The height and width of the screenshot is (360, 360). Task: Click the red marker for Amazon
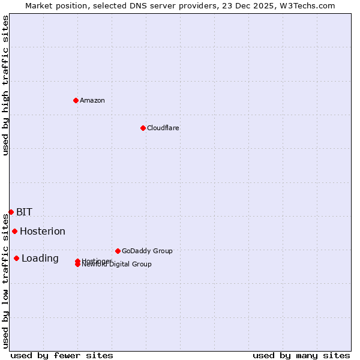click(76, 100)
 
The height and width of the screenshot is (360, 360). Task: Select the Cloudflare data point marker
click(143, 128)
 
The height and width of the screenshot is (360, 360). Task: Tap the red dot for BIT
click(11, 212)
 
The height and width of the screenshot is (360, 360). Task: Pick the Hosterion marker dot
click(14, 231)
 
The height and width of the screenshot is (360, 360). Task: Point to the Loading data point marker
click(16, 258)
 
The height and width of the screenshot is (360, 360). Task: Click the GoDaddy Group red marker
click(118, 251)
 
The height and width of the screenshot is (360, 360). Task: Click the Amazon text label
click(92, 100)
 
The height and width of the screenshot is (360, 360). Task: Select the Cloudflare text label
click(163, 128)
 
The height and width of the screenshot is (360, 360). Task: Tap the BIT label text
click(24, 212)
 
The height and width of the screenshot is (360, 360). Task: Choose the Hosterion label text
click(42, 231)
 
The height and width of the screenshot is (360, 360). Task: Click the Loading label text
click(40, 258)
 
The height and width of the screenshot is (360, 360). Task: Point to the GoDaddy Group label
click(147, 251)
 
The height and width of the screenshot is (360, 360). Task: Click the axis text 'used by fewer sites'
click(62, 355)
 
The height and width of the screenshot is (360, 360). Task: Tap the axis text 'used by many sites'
click(301, 355)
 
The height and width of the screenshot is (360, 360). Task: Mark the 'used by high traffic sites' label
click(5, 85)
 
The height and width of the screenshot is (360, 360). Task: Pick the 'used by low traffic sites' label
click(5, 281)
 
